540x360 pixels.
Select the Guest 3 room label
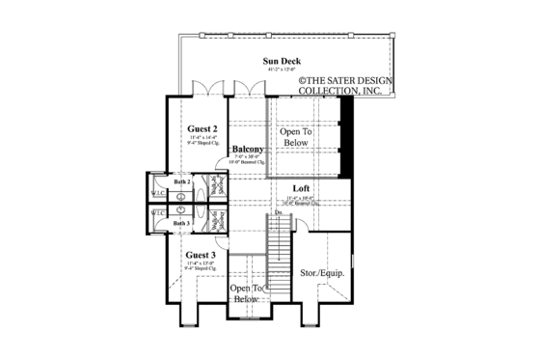201,255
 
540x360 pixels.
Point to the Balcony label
248,149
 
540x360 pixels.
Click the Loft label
302,189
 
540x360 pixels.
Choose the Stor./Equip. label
323,273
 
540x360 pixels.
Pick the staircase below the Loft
279,242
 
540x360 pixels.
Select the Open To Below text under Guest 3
247,293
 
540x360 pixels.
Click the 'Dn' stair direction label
278,212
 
